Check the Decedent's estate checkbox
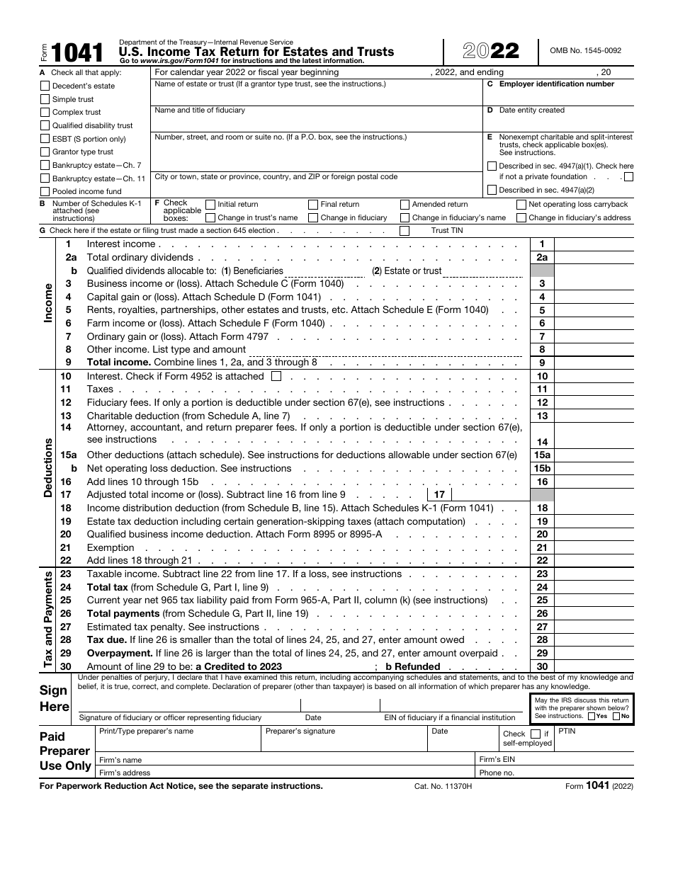pyautogui.click(x=46, y=86)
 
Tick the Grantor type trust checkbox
pyautogui.click(x=46, y=152)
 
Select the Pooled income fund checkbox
pyautogui.click(x=46, y=191)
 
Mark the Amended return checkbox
pyautogui.click(x=405, y=205)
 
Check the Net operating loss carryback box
pyautogui.click(x=521, y=205)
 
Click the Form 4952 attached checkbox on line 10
pyautogui.click(x=276, y=376)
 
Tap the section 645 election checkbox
pyautogui.click(x=405, y=230)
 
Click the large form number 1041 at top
pyautogui.click(x=77, y=52)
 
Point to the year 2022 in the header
pyautogui.click(x=491, y=52)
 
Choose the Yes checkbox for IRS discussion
pyautogui.click(x=592, y=716)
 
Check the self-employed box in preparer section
pyautogui.click(x=536, y=734)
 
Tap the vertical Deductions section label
pyautogui.click(x=48, y=467)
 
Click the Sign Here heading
pyautogui.click(x=55, y=698)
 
